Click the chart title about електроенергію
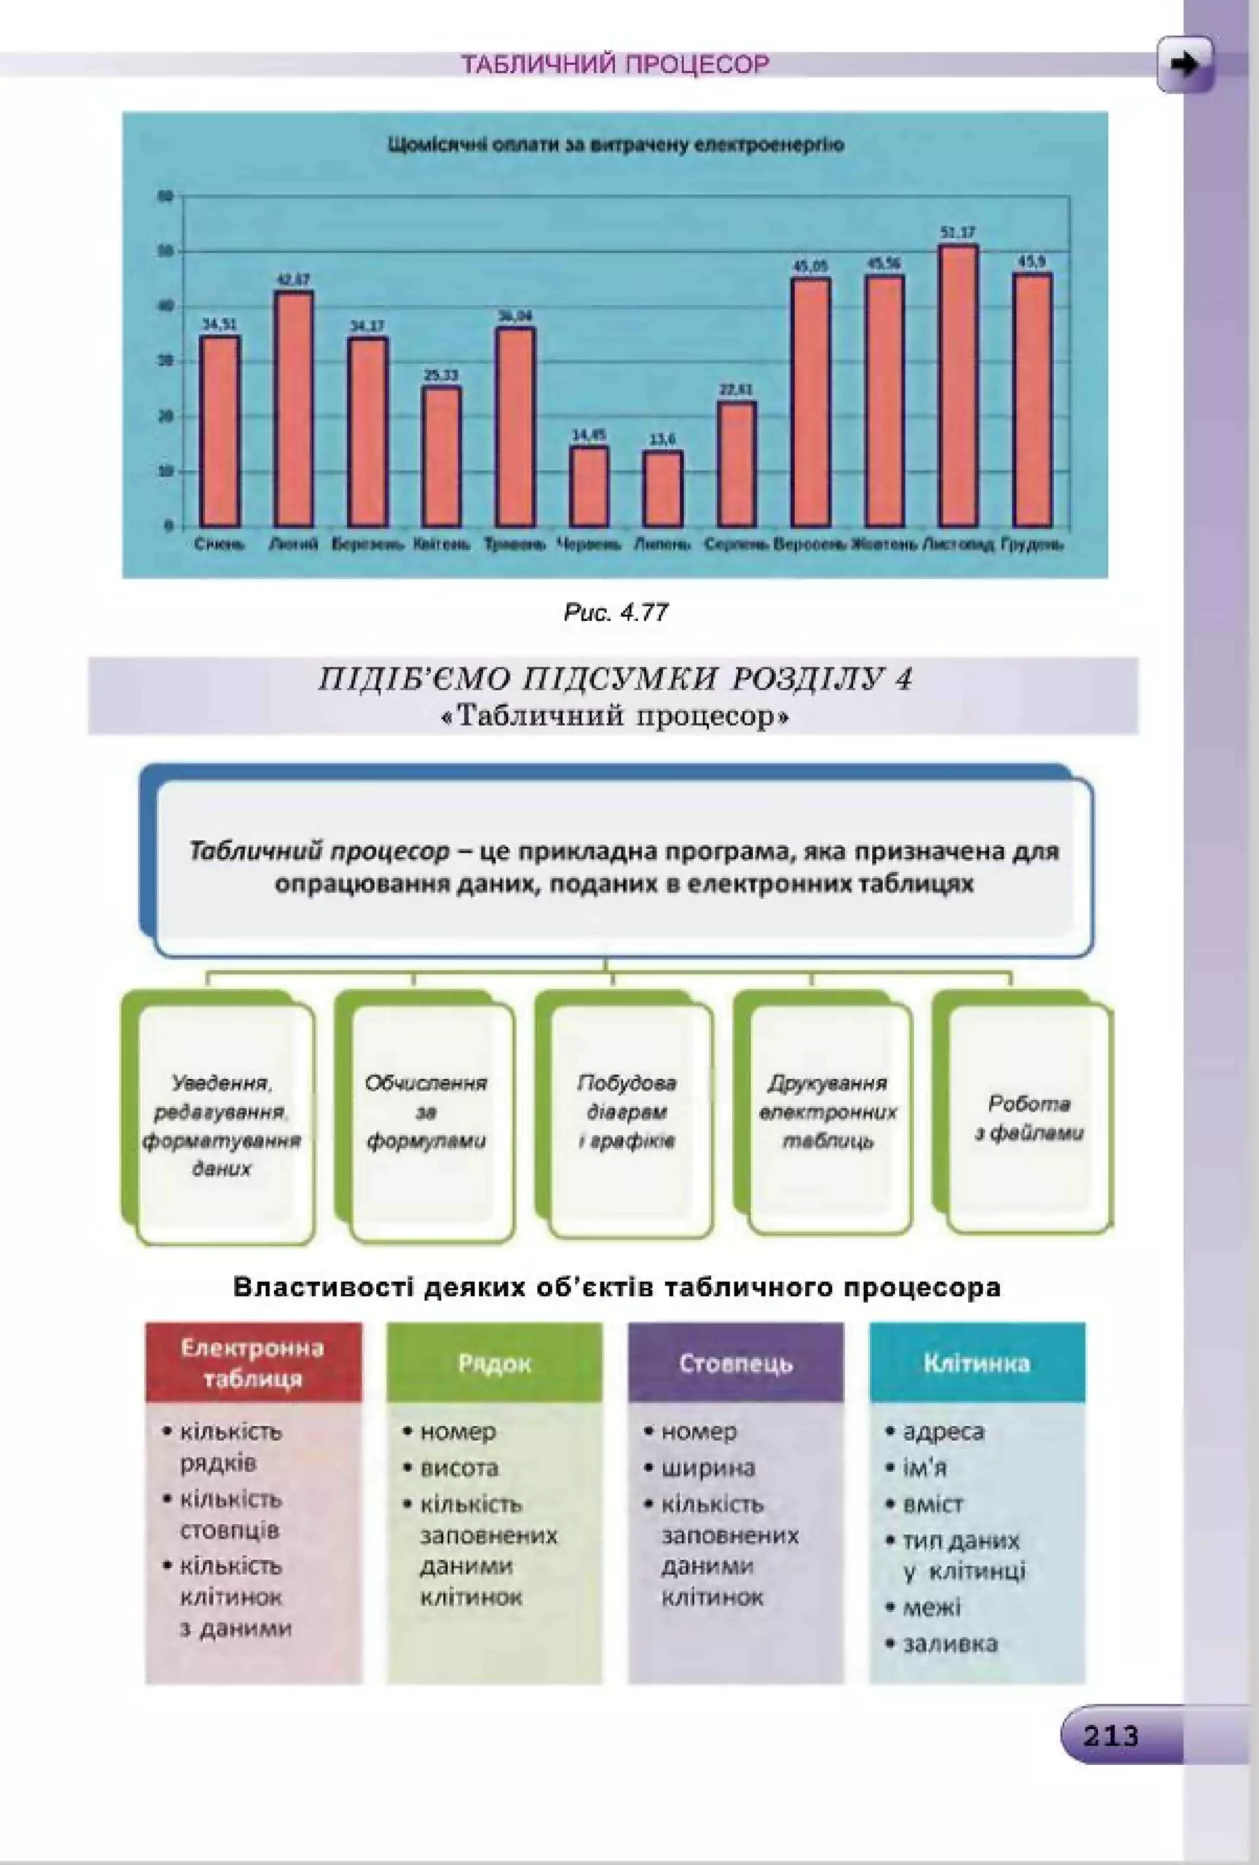point(615,146)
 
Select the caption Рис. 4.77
point(616,613)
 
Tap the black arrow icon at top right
point(1185,64)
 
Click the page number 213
point(1111,1737)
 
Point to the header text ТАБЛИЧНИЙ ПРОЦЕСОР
point(615,64)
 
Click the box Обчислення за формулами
point(426,1112)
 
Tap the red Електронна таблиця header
point(253,1363)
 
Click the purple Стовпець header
point(736,1363)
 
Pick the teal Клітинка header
point(977,1363)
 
